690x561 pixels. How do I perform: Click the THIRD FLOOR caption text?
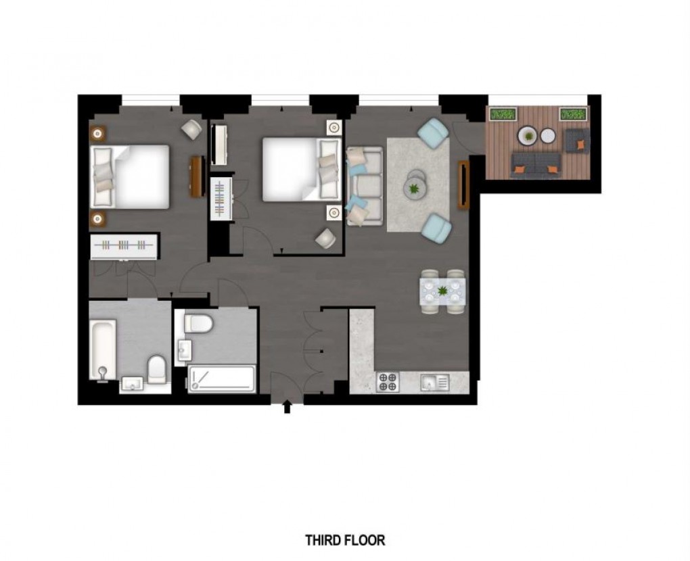[345, 540]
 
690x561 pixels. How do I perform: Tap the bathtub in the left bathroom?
[103, 349]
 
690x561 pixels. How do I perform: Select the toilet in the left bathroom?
[157, 368]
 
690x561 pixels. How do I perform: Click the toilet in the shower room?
[198, 323]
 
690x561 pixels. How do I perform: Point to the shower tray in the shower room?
[221, 379]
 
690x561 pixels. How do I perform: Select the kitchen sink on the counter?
[433, 383]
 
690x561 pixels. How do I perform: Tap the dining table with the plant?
[442, 291]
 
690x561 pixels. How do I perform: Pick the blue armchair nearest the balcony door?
[432, 132]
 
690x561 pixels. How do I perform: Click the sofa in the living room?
[365, 185]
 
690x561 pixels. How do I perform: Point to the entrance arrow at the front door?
[287, 407]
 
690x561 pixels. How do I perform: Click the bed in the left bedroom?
[131, 176]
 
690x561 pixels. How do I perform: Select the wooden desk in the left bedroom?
[197, 176]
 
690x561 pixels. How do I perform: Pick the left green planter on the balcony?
[501, 116]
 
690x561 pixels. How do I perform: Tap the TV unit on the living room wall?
[463, 185]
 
